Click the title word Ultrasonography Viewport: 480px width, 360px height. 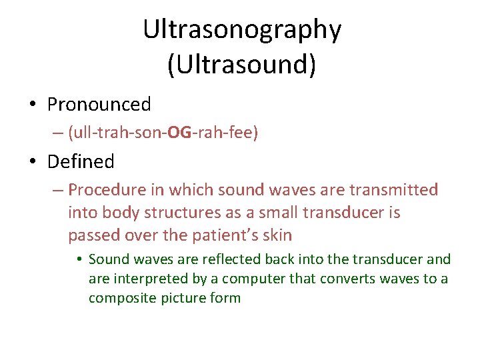pos(242,30)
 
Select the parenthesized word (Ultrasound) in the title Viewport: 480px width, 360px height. pos(242,65)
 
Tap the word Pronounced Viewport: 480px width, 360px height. pos(99,105)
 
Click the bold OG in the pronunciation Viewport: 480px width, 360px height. pos(179,133)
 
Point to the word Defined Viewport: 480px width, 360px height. pos(81,161)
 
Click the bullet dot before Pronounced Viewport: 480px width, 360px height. pos(32,105)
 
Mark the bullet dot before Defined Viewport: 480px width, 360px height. pos(32,162)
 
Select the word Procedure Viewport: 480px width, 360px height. pos(107,190)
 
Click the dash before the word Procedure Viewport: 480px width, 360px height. pos(58,190)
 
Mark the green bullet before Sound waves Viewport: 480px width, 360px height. pos(79,259)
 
